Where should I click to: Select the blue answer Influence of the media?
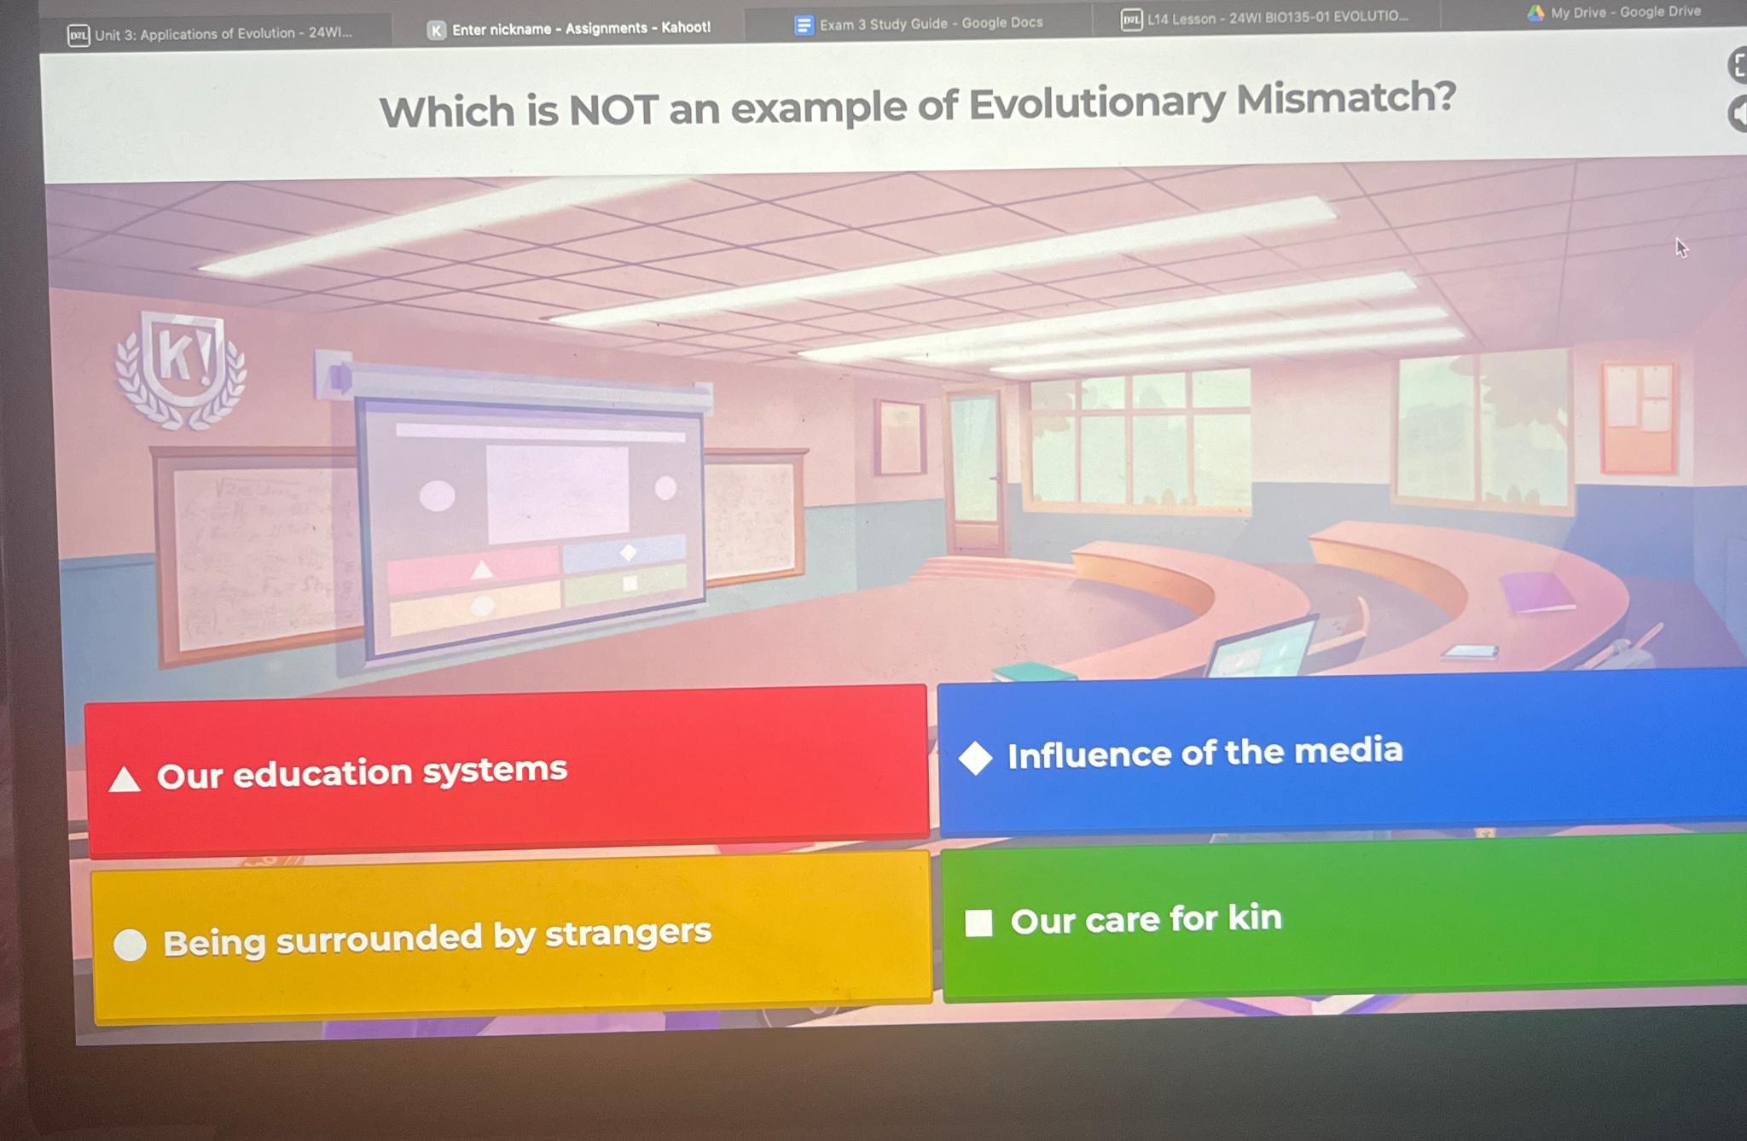click(1339, 751)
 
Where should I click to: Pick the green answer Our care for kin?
click(1344, 917)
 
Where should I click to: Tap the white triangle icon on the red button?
click(125, 779)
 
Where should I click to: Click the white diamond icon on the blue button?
click(975, 758)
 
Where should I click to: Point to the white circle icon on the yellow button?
click(131, 945)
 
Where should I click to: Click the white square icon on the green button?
click(978, 923)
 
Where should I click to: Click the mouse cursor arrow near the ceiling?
click(1680, 247)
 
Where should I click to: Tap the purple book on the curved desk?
click(1537, 591)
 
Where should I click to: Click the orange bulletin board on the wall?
click(1638, 417)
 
